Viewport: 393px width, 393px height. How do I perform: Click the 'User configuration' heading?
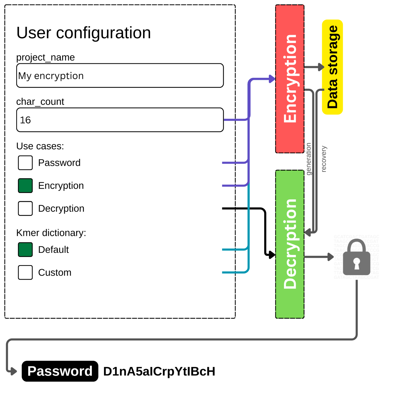(83, 33)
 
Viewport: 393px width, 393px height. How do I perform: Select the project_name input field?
(120, 75)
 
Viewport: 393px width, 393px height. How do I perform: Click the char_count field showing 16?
(120, 120)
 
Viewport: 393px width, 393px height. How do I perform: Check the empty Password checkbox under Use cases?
(25, 163)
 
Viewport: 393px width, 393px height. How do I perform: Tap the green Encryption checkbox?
(25, 185)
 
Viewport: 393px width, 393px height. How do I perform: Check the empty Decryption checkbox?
(25, 208)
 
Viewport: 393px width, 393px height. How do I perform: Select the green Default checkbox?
(25, 249)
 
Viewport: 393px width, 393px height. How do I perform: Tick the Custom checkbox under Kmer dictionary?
(25, 272)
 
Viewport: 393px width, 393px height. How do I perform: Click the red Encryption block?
(290, 79)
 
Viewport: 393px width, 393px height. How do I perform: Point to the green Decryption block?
(290, 244)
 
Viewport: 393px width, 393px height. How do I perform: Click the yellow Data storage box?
(332, 67)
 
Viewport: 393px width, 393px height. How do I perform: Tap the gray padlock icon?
(356, 258)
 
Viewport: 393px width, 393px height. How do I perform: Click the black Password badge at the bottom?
(60, 371)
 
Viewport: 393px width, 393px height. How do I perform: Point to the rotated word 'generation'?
(309, 159)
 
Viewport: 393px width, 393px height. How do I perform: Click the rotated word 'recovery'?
(324, 159)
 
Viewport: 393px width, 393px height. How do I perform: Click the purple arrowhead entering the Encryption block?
(272, 79)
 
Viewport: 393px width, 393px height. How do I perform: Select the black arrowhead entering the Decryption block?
(272, 254)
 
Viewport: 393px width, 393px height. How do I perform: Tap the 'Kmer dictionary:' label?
(51, 233)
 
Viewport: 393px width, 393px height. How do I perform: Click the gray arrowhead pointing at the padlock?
(331, 257)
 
